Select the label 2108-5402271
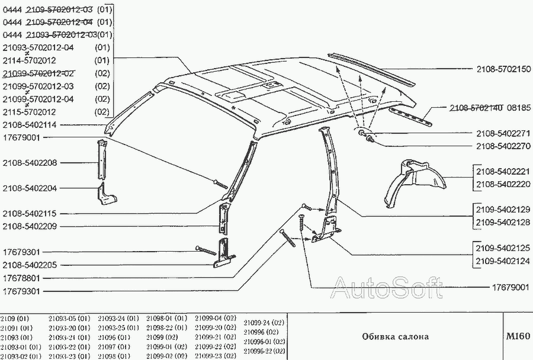click(503, 133)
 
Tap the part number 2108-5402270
click(503, 146)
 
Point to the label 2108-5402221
click(503, 172)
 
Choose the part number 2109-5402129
click(503, 209)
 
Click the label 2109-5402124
click(503, 261)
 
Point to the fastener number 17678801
click(21, 278)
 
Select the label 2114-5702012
click(30, 60)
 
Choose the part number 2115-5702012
click(30, 112)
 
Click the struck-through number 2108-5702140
click(476, 108)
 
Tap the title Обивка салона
click(396, 337)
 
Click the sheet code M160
click(517, 336)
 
